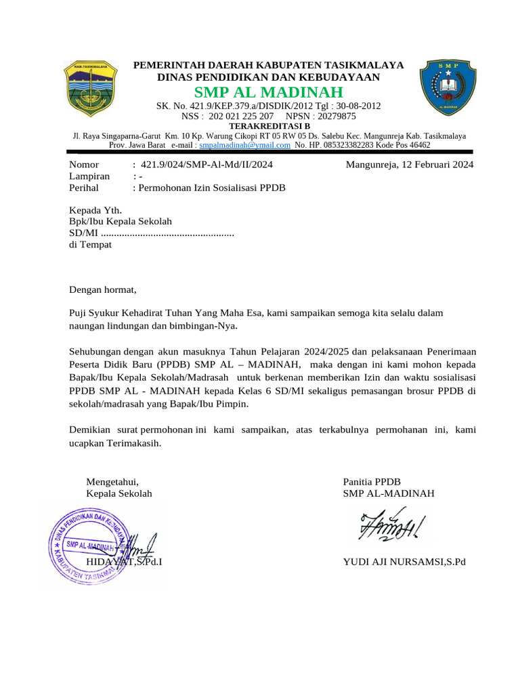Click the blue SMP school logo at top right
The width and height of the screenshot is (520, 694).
(448, 87)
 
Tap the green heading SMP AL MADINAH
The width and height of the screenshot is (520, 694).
(269, 92)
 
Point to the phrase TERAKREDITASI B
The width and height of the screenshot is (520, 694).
(269, 126)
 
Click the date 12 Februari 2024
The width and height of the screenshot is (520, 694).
(434, 165)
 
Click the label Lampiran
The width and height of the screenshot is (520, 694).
(89, 176)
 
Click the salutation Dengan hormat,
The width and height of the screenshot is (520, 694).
(103, 290)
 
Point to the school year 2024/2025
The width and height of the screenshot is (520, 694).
(323, 351)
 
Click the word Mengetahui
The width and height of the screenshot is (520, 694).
(112, 482)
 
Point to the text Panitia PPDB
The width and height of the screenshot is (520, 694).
(372, 482)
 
